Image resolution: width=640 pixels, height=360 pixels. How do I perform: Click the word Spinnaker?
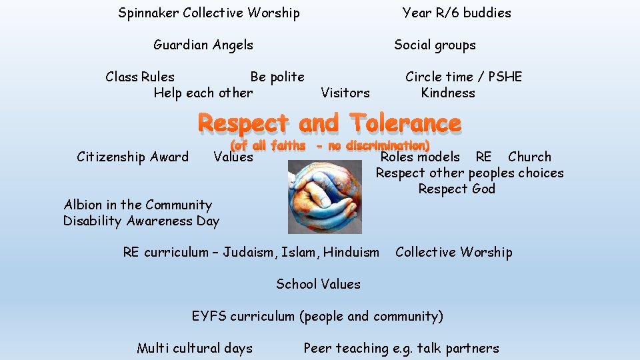pos(148,13)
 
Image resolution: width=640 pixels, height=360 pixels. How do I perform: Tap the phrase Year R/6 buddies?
pos(457,13)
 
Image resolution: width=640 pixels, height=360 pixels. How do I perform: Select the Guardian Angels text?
pos(203,45)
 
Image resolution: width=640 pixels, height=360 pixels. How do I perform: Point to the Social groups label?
pos(435,45)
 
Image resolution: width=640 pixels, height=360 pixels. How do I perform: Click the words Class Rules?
pos(140,77)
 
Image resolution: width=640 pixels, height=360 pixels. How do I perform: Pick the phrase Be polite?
pos(277,77)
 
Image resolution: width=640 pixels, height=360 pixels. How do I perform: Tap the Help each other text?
pos(203,93)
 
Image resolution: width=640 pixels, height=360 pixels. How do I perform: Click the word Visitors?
pos(345,93)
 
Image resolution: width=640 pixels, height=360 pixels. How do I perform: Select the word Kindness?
pos(448,93)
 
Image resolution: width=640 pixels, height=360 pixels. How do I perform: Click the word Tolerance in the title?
pos(405,123)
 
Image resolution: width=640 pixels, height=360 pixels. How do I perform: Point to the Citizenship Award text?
pos(133,157)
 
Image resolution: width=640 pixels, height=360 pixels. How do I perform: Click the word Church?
pos(529,157)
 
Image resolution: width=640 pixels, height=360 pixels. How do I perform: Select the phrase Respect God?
pos(457,189)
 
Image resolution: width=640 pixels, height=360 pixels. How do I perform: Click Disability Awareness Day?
pos(141,221)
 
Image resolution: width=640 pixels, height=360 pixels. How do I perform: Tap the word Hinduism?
pos(351,252)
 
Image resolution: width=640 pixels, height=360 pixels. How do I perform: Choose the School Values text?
pos(318,284)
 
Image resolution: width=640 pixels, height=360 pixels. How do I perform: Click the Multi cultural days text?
pos(195,348)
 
